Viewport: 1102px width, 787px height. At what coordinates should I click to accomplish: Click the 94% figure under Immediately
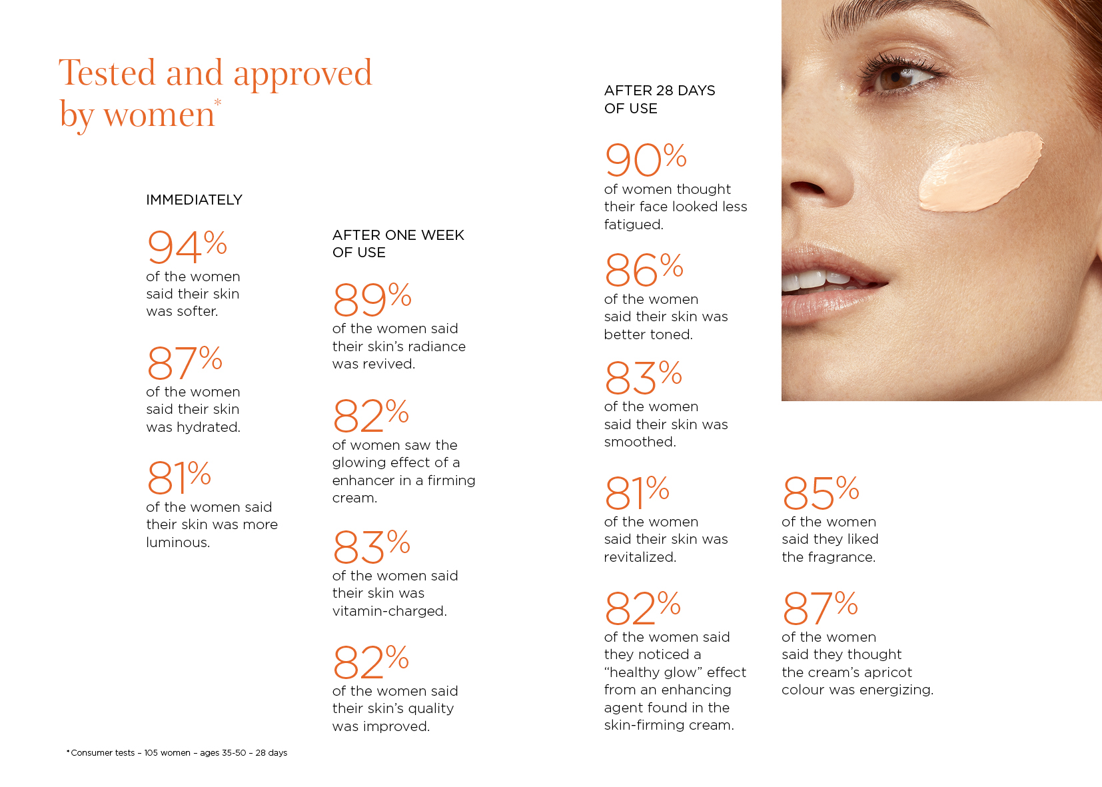coord(187,247)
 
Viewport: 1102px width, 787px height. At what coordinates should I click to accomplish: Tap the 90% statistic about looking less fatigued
coord(645,160)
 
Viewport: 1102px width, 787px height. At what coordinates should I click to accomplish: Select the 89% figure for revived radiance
coord(372,299)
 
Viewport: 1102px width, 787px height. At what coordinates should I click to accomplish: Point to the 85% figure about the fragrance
coord(820,492)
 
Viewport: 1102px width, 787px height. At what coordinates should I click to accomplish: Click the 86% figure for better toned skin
coord(644,270)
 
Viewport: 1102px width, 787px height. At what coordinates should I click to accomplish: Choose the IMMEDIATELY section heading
coord(194,200)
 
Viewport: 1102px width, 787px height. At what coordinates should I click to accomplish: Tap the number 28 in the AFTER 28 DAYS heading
coord(664,91)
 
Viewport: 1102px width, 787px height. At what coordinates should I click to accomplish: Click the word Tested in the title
coord(107,73)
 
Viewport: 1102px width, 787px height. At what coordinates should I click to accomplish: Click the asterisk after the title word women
coord(218,103)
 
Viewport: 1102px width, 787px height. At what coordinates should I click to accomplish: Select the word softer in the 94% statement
coord(197,311)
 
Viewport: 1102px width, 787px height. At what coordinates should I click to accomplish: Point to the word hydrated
coord(208,427)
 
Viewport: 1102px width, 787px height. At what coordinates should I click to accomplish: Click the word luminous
coord(178,542)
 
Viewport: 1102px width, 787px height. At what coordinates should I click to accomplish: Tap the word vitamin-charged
coord(389,611)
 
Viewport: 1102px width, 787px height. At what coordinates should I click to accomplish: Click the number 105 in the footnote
coord(151,753)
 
